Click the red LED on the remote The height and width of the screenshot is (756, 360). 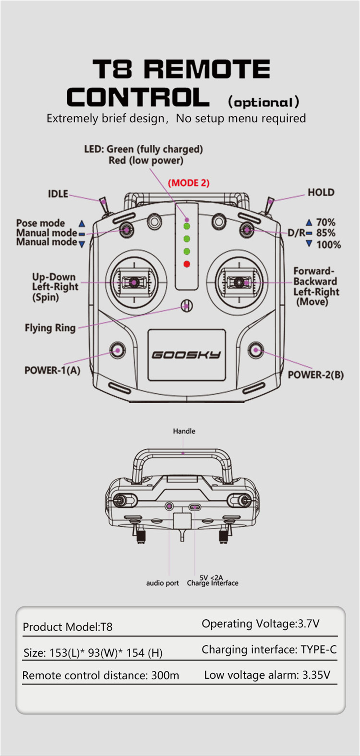coord(186,264)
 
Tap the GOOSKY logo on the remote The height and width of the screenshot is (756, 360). coord(186,355)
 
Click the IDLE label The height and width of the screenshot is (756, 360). coord(58,194)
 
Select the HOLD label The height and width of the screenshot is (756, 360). coord(321,193)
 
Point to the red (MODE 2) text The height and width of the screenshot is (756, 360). coord(189,183)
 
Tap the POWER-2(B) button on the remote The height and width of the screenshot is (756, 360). coord(256,350)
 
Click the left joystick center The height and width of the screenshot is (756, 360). coord(134,282)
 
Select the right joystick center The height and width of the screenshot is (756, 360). coord(239,282)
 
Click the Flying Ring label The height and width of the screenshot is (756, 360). coord(50,328)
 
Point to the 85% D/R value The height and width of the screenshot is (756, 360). coord(326,233)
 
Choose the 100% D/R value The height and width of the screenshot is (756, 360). coord(328,245)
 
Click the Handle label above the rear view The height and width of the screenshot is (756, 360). coord(184,431)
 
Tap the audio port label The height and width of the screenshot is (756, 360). coord(162,583)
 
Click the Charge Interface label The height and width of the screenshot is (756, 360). coord(212,583)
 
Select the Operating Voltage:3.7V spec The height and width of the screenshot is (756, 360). coord(260,624)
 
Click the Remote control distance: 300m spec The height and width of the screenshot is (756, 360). coord(100,675)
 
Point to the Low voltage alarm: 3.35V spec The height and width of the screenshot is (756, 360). coord(267,675)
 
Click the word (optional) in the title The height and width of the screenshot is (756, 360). coord(264,102)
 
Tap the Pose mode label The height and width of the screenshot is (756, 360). coord(41,223)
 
